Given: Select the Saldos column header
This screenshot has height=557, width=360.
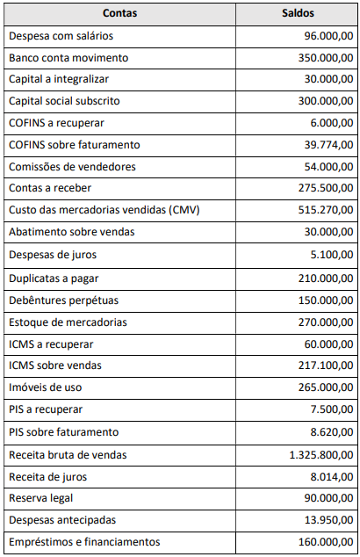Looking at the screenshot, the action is [x=299, y=13].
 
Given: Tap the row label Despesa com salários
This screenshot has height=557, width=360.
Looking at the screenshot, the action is [x=61, y=35].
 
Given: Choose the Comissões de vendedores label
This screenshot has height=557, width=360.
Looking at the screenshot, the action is [x=72, y=167].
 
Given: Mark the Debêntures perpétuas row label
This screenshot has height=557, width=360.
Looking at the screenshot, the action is [x=60, y=300].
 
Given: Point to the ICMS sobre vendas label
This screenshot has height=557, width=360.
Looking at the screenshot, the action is [x=54, y=365].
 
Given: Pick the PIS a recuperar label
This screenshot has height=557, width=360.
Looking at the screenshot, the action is [x=45, y=409].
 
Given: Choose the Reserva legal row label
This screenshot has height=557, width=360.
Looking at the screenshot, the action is [x=42, y=498].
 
